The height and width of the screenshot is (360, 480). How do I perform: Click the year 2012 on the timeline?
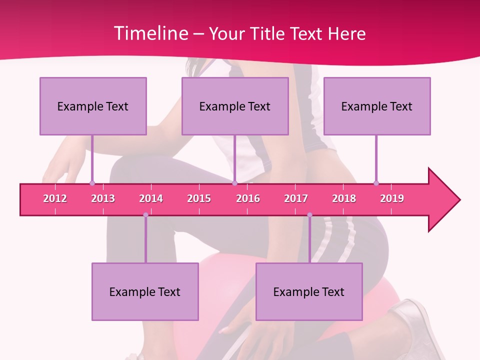click(55, 198)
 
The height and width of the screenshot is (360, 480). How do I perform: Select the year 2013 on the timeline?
click(103, 198)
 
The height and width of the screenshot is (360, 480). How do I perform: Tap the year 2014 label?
click(151, 198)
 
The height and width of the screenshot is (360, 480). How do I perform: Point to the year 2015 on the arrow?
click(199, 198)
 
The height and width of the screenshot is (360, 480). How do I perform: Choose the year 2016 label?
click(248, 198)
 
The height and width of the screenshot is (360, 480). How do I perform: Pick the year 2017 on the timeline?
click(296, 198)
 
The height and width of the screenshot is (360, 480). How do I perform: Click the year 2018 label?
click(344, 198)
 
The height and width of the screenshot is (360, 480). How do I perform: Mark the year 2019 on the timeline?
click(392, 198)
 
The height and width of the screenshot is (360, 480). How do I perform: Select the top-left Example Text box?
click(93, 106)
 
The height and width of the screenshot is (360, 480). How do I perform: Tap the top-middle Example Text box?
click(235, 106)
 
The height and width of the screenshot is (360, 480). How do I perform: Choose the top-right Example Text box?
click(377, 106)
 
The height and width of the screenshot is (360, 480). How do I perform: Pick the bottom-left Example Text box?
click(145, 291)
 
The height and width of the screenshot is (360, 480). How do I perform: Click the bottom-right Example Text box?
click(309, 291)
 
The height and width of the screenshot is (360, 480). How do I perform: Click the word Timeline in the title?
click(150, 33)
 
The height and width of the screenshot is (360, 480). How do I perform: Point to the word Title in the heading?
click(269, 33)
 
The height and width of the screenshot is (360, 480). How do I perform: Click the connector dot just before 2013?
click(92, 183)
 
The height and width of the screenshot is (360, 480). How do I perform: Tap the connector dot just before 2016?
click(234, 183)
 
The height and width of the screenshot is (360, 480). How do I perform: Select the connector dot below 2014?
click(145, 215)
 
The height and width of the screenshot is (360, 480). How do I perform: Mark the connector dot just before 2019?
click(376, 183)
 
